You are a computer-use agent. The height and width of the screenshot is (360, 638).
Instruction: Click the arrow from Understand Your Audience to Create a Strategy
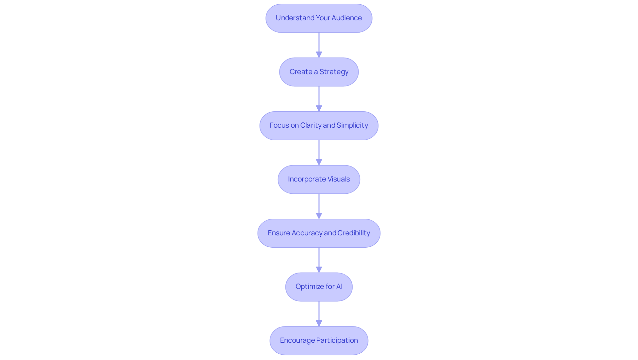319,45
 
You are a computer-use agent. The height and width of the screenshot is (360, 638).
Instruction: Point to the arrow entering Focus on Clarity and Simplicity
319,99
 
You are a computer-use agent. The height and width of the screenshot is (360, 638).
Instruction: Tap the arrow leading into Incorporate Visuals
319,153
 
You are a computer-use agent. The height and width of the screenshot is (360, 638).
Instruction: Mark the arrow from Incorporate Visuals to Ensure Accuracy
319,206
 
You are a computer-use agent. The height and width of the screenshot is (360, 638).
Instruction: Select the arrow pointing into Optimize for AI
319,260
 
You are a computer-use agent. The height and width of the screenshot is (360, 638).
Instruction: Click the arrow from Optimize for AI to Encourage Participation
319,314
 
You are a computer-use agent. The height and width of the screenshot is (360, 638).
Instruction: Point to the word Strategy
334,72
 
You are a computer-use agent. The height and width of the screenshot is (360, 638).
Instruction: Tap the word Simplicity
352,125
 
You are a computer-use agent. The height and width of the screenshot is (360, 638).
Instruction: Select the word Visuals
337,179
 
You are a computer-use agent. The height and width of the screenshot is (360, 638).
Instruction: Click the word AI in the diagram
339,287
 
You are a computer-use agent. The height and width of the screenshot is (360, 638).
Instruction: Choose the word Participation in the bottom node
337,340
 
